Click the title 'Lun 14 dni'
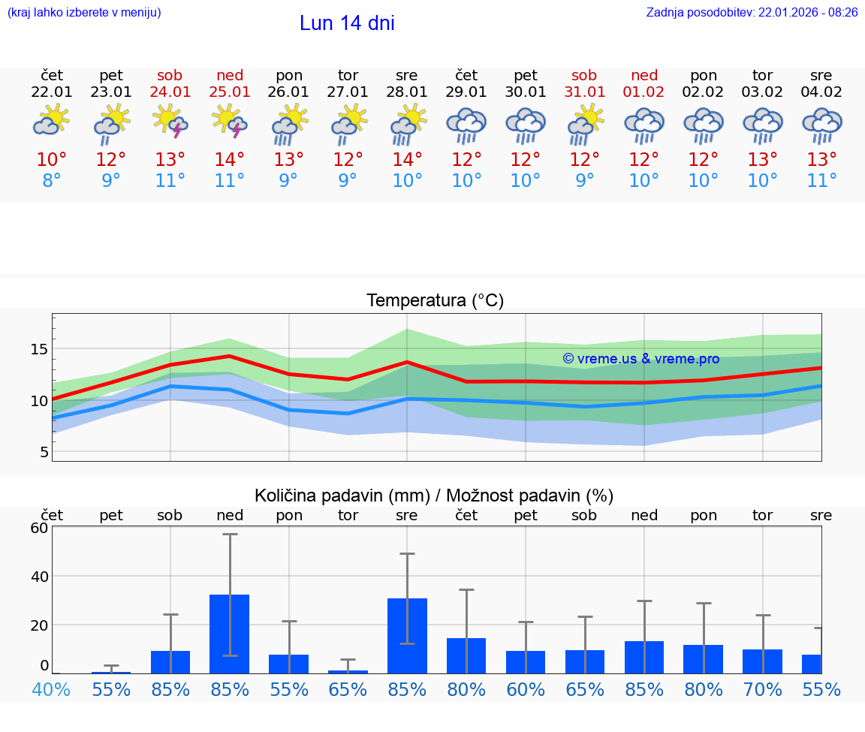[347, 23]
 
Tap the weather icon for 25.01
[230, 122]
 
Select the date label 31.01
[584, 92]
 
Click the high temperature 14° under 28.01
[407, 159]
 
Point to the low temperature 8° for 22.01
[52, 181]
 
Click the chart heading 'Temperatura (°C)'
[435, 301]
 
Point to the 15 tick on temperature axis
[39, 349]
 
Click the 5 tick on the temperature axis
[44, 452]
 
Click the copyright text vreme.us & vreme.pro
[640, 359]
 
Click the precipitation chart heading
[434, 496]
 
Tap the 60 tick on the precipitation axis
[39, 528]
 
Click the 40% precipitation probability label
[51, 689]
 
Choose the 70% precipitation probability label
[763, 689]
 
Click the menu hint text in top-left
[84, 13]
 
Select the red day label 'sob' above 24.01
[170, 76]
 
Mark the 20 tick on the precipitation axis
[39, 625]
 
